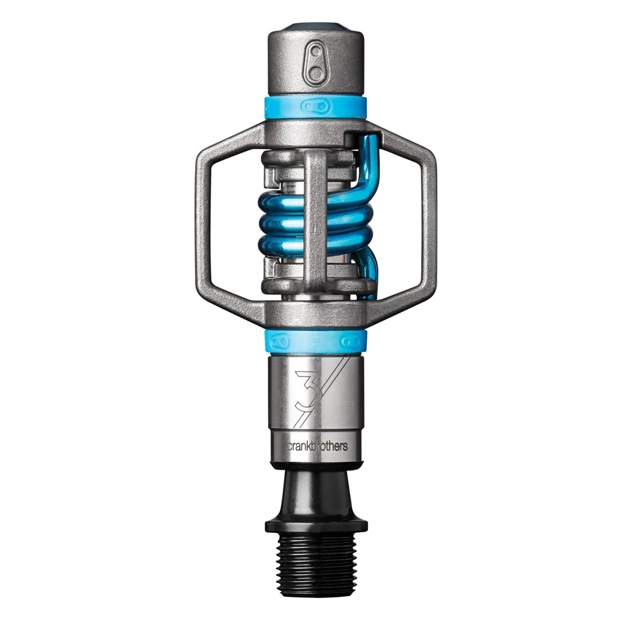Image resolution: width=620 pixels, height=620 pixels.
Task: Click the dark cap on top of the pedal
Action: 316,27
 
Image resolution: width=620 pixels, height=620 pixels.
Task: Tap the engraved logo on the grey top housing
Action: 315,62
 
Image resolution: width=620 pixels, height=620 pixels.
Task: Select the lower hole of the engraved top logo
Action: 315,73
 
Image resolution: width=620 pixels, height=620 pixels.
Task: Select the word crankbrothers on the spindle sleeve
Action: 317,447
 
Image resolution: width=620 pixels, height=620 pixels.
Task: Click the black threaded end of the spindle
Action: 316,566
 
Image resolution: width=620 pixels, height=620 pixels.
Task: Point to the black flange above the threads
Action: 316,522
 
